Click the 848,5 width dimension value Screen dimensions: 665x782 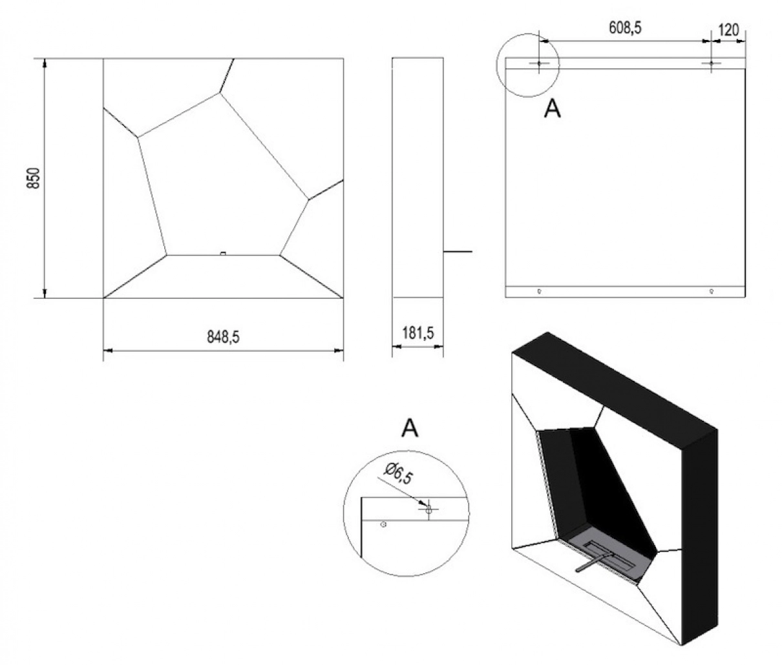click(x=223, y=336)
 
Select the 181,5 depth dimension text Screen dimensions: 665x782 click(x=417, y=333)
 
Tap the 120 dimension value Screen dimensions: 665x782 click(x=728, y=30)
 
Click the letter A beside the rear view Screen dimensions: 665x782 click(x=552, y=109)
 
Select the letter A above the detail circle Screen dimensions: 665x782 click(x=410, y=427)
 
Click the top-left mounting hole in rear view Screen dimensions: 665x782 click(x=538, y=63)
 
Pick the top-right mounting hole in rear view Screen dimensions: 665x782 click(x=711, y=63)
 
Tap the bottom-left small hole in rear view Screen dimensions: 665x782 click(x=540, y=291)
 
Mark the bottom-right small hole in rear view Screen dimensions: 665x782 click(x=711, y=291)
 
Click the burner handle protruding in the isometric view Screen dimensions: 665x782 click(x=589, y=562)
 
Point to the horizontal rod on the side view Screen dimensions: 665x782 click(x=458, y=251)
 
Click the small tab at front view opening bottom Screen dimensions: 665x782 click(x=223, y=253)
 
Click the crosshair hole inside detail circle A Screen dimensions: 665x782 click(x=428, y=509)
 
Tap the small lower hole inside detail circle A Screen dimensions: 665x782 click(x=383, y=525)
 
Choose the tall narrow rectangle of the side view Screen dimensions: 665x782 click(x=417, y=178)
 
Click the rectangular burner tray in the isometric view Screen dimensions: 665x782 click(x=611, y=555)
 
